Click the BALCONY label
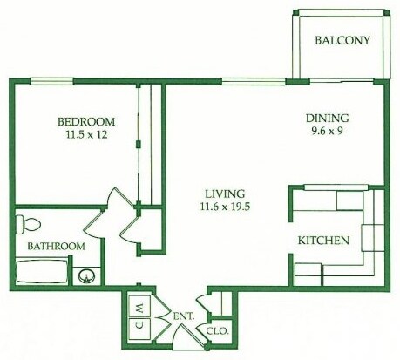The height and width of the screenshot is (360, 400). point(342,41)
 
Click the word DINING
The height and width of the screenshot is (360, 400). point(327,119)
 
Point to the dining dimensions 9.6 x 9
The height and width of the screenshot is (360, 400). point(327,132)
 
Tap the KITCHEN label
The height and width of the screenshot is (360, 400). point(324,241)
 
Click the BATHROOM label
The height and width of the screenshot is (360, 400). point(55,247)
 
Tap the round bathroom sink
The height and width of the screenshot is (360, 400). point(86,276)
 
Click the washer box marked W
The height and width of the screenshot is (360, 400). point(139,306)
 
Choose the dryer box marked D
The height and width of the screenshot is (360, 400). point(139,326)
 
